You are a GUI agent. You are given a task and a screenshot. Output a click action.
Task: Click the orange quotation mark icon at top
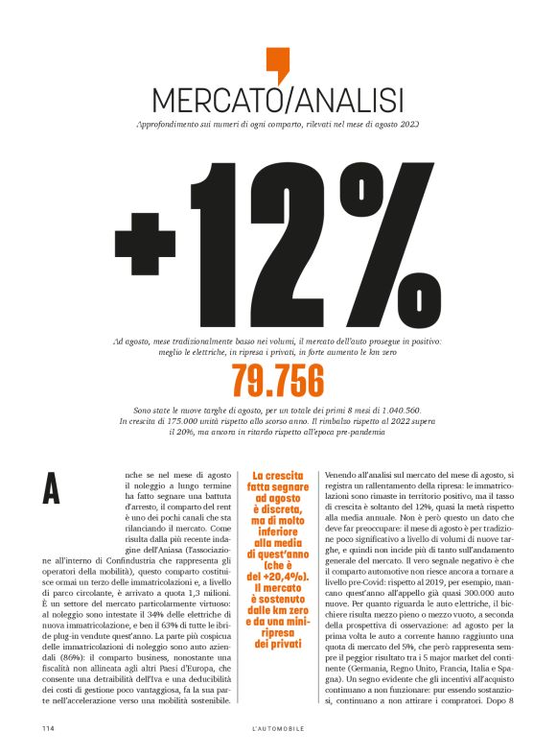coord(277,65)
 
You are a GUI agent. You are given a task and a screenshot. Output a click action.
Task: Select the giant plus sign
coord(148,246)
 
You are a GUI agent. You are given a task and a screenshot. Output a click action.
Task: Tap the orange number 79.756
coord(277,382)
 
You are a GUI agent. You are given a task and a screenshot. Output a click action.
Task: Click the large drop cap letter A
coord(52,488)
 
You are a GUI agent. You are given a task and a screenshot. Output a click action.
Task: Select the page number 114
coord(47,729)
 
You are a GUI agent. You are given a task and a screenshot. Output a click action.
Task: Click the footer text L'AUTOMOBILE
coord(278,729)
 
